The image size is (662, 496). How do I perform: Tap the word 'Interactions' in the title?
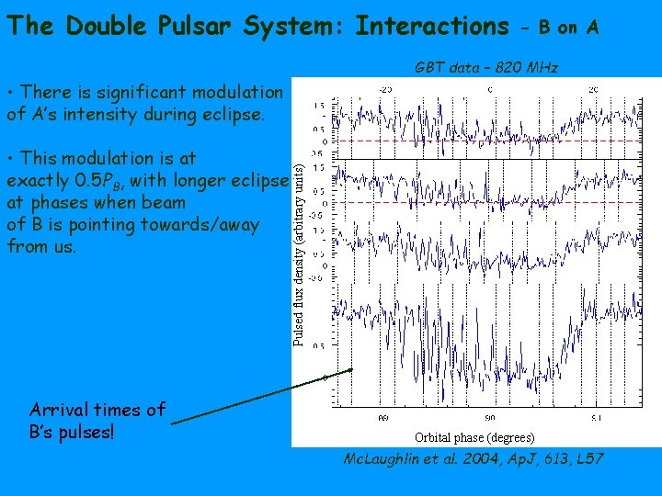[431, 26]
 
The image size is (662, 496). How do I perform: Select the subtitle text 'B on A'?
[569, 28]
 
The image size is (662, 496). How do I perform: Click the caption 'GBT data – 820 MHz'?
[486, 67]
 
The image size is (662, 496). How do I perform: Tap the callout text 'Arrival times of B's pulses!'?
[97, 421]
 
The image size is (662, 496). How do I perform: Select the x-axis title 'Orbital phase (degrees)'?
[474, 437]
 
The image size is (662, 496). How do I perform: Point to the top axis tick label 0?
[489, 88]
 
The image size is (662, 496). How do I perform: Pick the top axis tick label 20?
[594, 88]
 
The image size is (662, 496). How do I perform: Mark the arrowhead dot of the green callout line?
[350, 370]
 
